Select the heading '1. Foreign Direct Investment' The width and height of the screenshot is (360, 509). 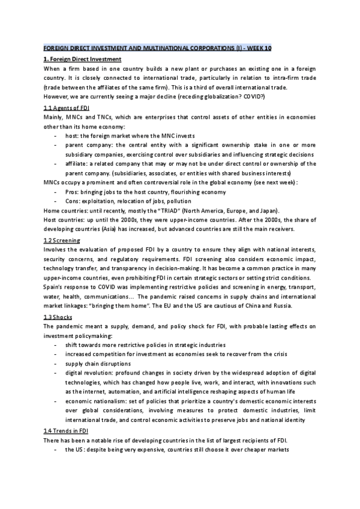click(x=83, y=59)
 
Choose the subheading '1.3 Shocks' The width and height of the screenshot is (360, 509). click(x=59, y=316)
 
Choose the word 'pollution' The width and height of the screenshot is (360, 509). click(x=179, y=200)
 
